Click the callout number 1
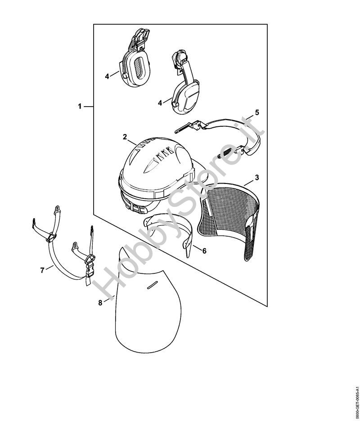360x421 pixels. [x=80, y=107]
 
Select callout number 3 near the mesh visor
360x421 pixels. [x=256, y=178]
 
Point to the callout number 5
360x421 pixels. [x=257, y=112]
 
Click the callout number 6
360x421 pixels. [x=204, y=251]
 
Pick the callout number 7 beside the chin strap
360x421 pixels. [x=42, y=270]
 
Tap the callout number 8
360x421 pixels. [x=100, y=303]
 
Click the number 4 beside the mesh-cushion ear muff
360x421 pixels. [x=107, y=76]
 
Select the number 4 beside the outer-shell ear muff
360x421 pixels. [x=160, y=103]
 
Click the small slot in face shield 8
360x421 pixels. [x=153, y=285]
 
